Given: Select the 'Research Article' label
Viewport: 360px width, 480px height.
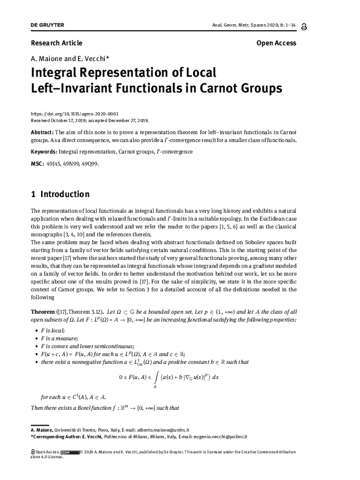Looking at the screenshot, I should click(56, 43).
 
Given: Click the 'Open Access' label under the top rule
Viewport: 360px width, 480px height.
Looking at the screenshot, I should click(276, 43).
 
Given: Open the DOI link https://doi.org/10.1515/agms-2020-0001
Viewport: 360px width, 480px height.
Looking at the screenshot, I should click(74, 114).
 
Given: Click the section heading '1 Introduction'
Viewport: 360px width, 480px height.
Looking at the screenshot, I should click(60, 194).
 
